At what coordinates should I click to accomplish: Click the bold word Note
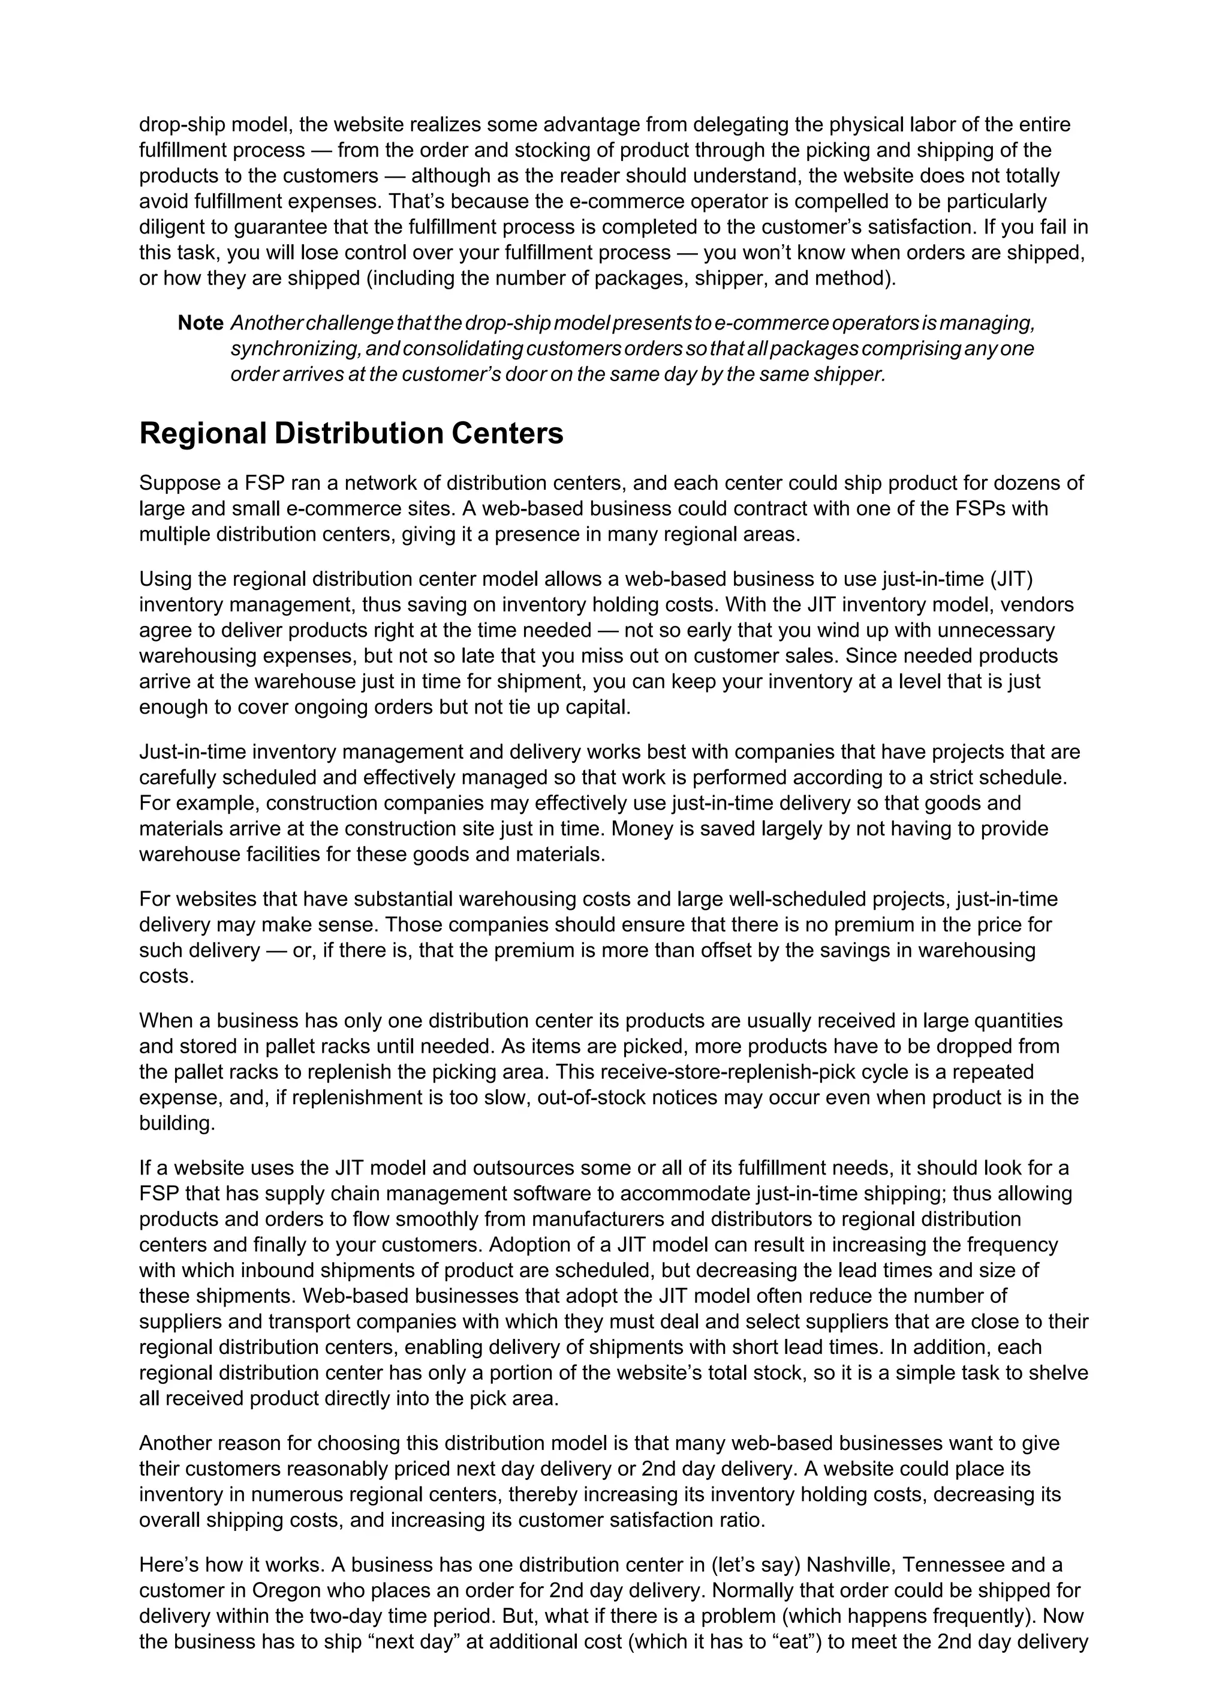pos(200,323)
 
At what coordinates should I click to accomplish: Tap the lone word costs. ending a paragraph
pos(167,976)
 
